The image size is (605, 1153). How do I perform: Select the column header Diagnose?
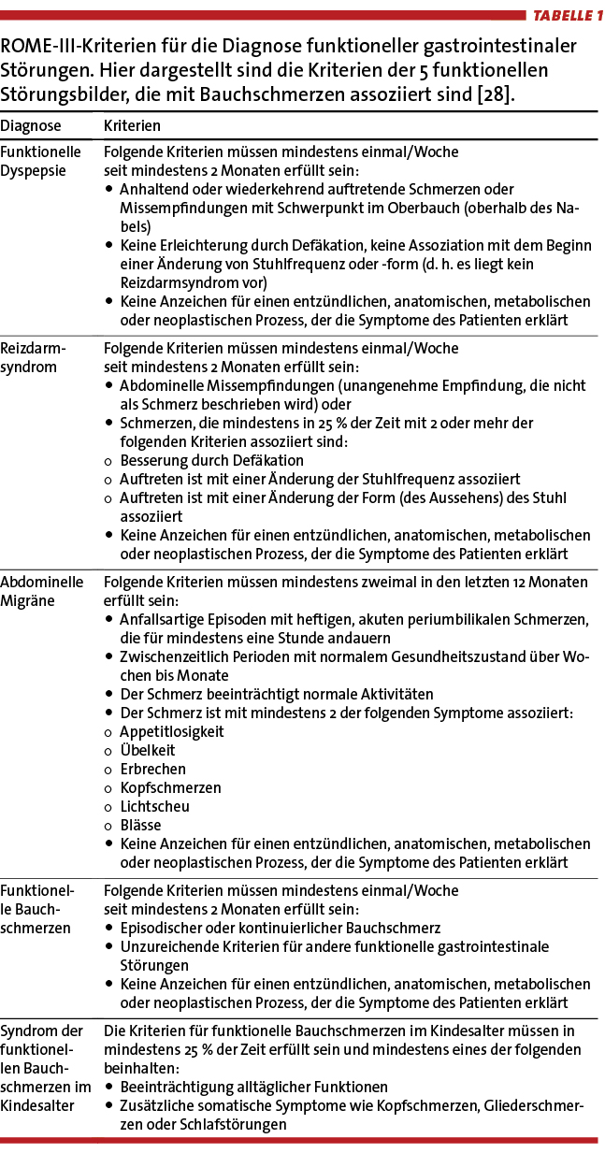(x=31, y=125)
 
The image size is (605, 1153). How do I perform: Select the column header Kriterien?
(x=132, y=125)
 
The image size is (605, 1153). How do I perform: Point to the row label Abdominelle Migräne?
(x=42, y=591)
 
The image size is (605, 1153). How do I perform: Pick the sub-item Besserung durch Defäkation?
(x=211, y=460)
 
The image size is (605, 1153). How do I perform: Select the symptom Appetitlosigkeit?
(x=171, y=731)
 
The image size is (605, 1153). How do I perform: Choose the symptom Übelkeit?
(x=147, y=750)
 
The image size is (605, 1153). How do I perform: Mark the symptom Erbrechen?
(x=151, y=769)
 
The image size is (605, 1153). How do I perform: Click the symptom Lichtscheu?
(x=154, y=806)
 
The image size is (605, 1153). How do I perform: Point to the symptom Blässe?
(x=140, y=825)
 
